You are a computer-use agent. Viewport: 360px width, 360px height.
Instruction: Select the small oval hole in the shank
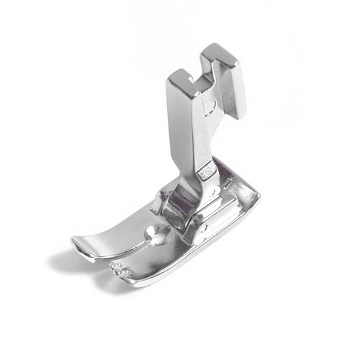coord(210,109)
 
